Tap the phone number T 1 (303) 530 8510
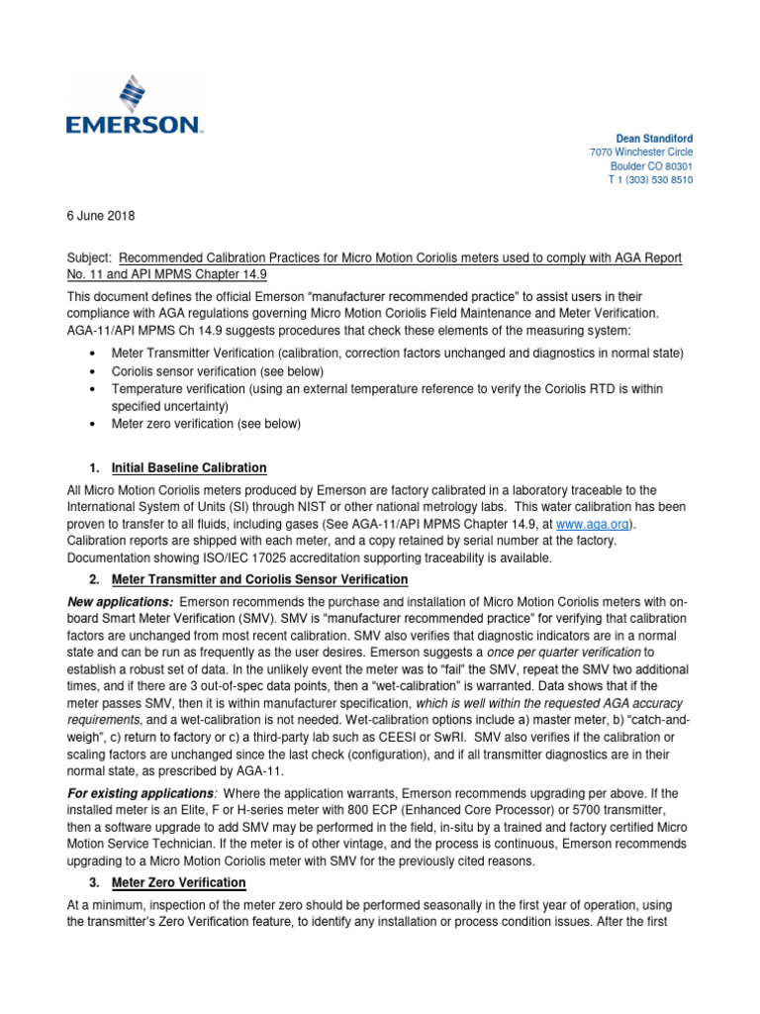click(x=649, y=181)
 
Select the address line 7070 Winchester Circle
click(x=640, y=152)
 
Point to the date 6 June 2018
click(x=101, y=216)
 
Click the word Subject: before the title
click(x=93, y=257)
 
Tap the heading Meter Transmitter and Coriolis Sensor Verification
click(x=259, y=579)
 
